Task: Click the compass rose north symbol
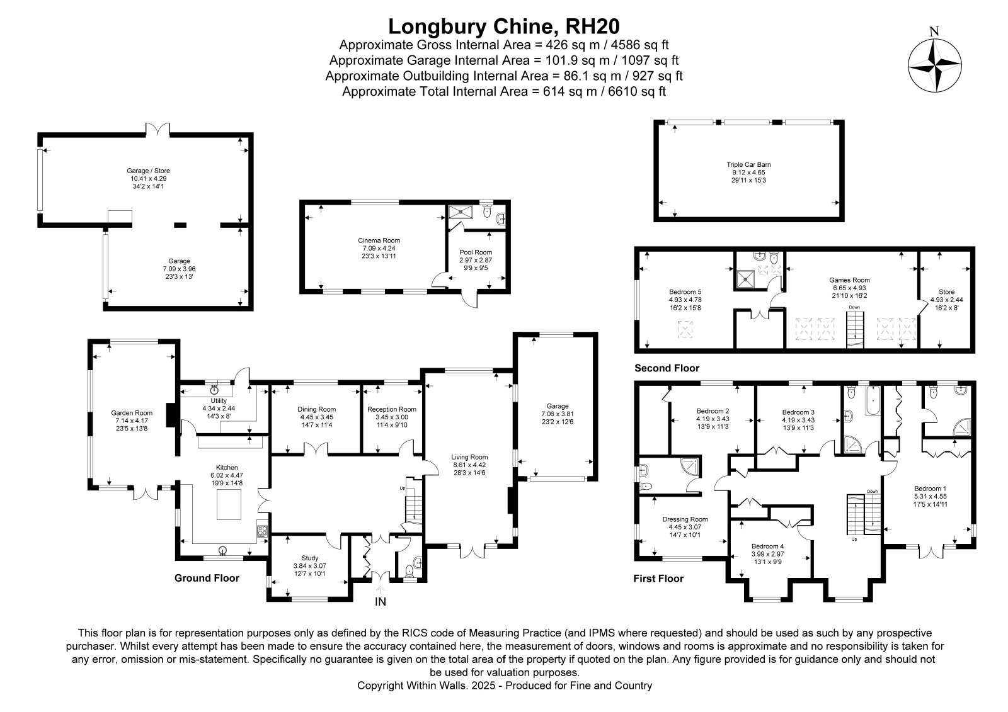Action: tap(935, 65)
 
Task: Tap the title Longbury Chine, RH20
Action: tap(503, 26)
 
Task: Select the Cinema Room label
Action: tap(379, 240)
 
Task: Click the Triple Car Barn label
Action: tap(748, 164)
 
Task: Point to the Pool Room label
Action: tap(476, 252)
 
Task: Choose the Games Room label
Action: tap(850, 280)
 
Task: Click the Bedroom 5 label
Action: tap(685, 292)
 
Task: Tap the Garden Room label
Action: tap(132, 413)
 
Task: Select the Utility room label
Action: tap(219, 401)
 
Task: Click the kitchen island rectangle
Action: tap(229, 504)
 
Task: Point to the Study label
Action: tap(309, 558)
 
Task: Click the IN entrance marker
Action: tap(381, 601)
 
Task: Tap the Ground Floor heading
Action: tap(207, 578)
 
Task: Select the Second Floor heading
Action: tap(667, 368)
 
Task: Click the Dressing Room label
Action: tap(685, 519)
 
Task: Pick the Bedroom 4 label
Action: tap(768, 546)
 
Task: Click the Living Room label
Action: tap(469, 458)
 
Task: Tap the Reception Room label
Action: tap(391, 409)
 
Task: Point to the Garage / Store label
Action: tap(149, 171)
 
